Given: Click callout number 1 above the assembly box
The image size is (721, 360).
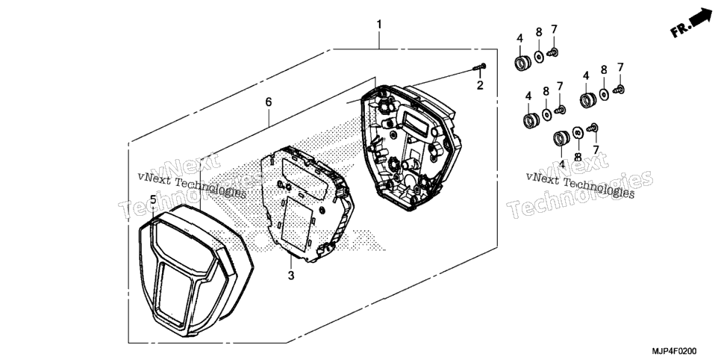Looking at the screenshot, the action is coord(379,25).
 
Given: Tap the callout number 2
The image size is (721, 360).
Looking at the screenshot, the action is coord(480,85).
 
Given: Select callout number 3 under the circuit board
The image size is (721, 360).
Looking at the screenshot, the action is coord(290,276).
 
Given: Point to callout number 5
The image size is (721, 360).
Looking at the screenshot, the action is coord(153,200).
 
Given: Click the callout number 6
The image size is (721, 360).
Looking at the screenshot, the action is coord(269,102).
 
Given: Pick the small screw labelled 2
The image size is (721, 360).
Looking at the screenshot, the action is coord(479,67).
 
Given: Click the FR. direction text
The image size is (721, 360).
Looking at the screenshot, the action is coord(681,29).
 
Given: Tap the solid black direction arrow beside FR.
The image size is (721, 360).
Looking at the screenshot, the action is coord(701,16).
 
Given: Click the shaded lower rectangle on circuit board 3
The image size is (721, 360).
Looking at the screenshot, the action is coord(296,223).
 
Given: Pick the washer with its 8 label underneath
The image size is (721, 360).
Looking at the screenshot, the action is coord(578,133).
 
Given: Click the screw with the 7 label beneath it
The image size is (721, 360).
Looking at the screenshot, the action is coord(593,127).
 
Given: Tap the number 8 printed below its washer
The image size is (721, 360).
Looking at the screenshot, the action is coord(578,157).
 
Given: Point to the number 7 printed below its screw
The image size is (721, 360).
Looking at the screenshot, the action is coord(596,149).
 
